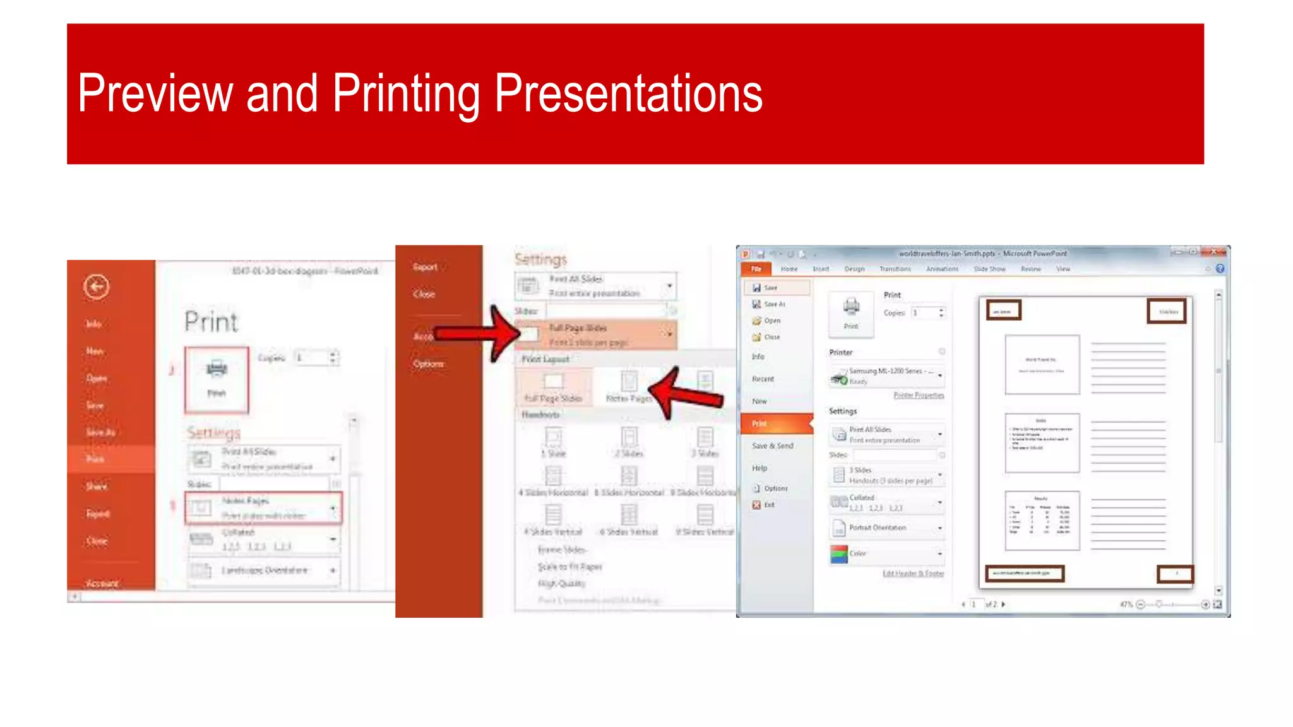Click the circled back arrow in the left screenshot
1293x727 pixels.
click(96, 287)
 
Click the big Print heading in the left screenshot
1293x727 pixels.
click(211, 322)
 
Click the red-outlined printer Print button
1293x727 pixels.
click(217, 379)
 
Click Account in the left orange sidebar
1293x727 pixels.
click(102, 583)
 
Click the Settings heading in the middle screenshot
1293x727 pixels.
click(540, 259)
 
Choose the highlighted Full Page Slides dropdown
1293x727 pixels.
click(596, 334)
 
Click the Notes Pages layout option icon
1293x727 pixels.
click(629, 381)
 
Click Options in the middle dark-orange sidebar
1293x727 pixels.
click(429, 364)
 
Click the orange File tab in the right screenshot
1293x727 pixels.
click(756, 269)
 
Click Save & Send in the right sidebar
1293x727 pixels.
click(772, 446)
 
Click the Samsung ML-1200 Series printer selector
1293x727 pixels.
click(887, 376)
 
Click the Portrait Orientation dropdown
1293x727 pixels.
click(887, 528)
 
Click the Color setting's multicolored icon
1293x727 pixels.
click(838, 554)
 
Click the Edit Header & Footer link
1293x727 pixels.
click(913, 574)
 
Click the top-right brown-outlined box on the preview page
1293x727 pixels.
click(1166, 312)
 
